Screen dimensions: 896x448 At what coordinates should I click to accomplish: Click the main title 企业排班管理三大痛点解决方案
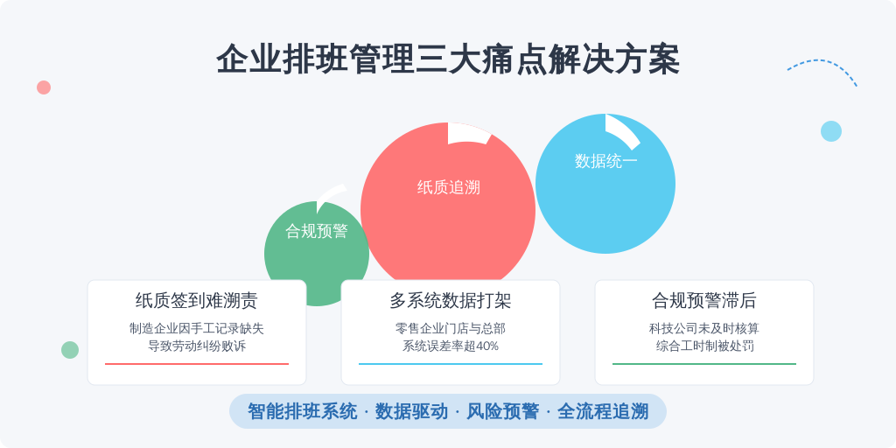(448, 59)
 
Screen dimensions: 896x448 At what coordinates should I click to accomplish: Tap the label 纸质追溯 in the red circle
(449, 187)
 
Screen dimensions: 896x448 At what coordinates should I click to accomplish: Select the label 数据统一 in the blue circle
(605, 161)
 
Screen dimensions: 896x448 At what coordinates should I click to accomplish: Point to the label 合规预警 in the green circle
(317, 231)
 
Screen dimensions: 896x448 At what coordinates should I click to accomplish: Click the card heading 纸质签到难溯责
(197, 300)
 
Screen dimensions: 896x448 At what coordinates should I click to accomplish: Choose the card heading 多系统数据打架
(451, 300)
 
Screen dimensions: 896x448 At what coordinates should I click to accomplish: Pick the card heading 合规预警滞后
(704, 300)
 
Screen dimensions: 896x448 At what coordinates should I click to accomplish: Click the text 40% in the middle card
(486, 346)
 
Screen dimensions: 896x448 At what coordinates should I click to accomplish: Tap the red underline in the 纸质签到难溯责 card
(197, 363)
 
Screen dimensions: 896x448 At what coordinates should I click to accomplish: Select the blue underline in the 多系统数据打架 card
(451, 363)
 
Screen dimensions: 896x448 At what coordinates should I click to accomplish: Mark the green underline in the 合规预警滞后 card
(704, 363)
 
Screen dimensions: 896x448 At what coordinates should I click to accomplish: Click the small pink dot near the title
(44, 87)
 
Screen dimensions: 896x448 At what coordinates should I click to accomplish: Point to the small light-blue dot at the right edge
(831, 131)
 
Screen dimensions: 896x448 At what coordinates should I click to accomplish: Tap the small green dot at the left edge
(70, 350)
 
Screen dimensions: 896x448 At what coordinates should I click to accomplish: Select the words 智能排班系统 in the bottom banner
(302, 411)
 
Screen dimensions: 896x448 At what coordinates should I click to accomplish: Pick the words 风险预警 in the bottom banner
(502, 411)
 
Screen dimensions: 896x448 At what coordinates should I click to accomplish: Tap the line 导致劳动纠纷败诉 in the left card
(197, 346)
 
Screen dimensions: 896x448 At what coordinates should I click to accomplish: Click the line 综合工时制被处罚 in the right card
(704, 346)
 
